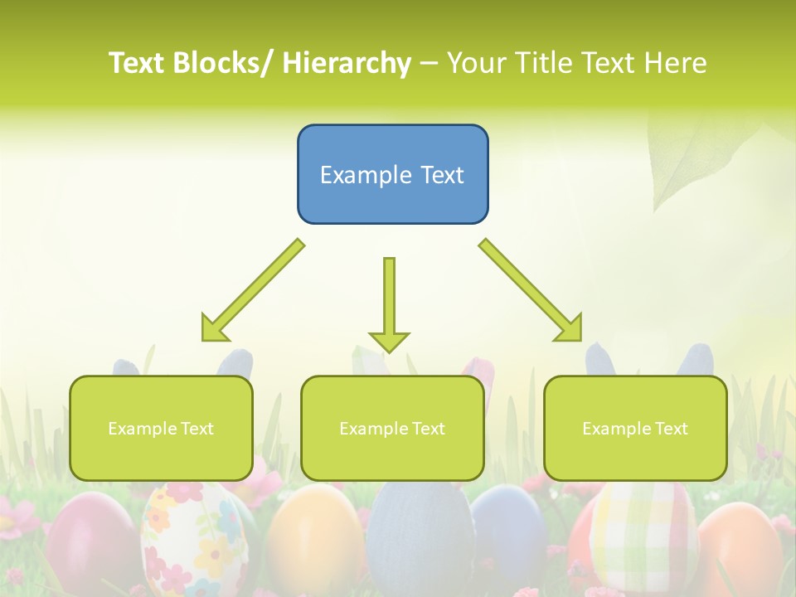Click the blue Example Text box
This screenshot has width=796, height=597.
pos(392,174)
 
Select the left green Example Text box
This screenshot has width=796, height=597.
pos(161,428)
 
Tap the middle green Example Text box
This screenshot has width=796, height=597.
pos(392,428)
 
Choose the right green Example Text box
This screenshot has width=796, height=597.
pos(635,428)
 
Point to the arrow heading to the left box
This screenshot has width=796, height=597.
pos(253,289)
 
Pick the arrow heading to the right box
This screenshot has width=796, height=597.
pos(531,289)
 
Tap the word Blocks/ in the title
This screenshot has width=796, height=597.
pos(225,63)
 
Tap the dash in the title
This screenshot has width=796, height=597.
pos(430,63)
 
